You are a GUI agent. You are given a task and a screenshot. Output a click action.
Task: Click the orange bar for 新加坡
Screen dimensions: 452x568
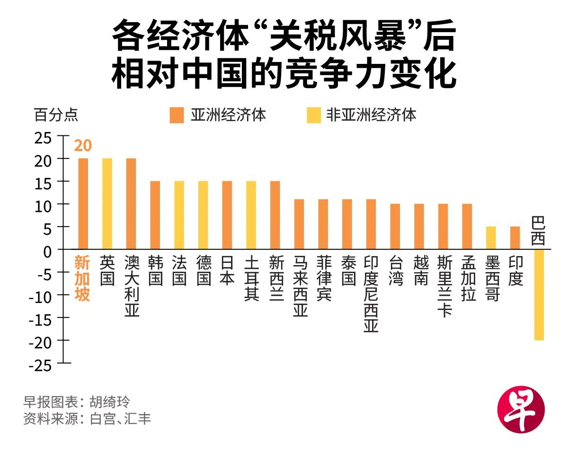[83, 204]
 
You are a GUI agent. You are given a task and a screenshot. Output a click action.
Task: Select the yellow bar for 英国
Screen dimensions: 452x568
[107, 204]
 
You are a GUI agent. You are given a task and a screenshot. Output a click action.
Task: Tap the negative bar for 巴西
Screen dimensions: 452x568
[539, 294]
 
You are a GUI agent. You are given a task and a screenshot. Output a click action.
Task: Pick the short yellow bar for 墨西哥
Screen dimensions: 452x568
[491, 238]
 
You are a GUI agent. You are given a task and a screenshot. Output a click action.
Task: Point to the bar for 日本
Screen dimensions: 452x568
[227, 215]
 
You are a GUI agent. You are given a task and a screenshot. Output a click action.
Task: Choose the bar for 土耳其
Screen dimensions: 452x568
[251, 215]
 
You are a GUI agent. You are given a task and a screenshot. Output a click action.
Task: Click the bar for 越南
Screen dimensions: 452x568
[419, 226]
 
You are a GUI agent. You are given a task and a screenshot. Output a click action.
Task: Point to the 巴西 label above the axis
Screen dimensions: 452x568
[538, 231]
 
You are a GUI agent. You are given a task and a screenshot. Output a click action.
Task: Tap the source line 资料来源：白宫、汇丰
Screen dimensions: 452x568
[87, 419]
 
